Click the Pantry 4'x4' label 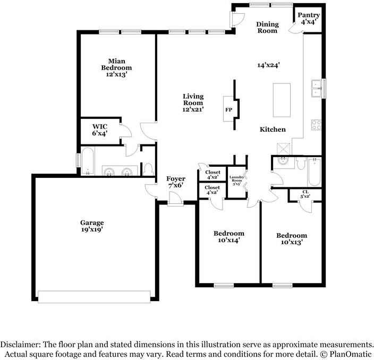pos(309,19)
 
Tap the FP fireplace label pos(228,110)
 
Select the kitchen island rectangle pos(282,100)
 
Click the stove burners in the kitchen pos(316,125)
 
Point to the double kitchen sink pos(316,89)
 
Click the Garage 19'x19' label pos(92,226)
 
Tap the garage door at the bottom pos(94,297)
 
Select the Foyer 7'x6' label pos(176,182)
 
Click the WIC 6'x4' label pos(100,130)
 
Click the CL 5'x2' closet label pos(305,194)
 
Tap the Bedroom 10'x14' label pos(229,236)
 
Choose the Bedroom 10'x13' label pos(292,238)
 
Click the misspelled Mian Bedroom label pos(116,68)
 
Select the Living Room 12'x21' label pos(193,103)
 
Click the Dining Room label pos(267,27)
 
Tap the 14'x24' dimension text pos(268,65)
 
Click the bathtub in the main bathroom pos(88,161)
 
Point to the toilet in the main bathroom pos(148,169)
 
